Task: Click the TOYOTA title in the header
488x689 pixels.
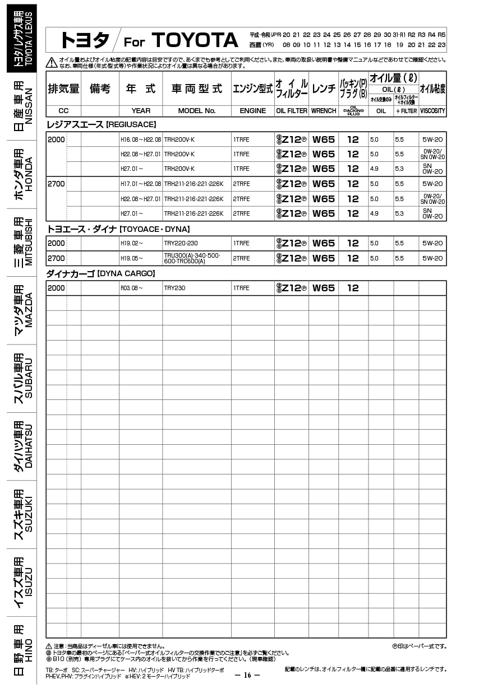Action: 195,40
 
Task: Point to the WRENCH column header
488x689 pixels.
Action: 324,111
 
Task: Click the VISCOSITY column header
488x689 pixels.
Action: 432,111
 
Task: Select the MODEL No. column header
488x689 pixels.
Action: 196,111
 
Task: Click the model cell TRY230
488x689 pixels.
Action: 174,288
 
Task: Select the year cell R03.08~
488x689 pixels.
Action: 132,288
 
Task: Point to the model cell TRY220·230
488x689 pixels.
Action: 181,243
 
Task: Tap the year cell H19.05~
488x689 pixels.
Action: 132,258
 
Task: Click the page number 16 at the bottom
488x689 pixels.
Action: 247,674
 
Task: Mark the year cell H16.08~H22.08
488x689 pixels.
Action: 140,139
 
